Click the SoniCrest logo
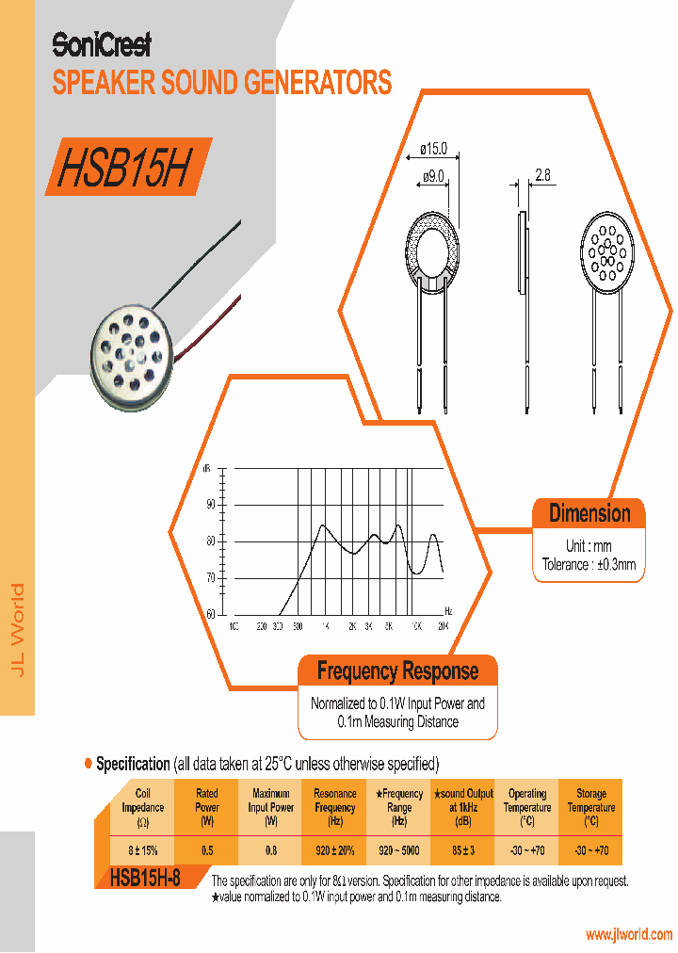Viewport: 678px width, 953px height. coord(101,44)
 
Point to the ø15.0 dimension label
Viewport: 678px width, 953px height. coord(432,148)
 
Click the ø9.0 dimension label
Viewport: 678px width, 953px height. coord(433,176)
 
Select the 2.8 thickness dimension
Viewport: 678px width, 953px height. coord(542,175)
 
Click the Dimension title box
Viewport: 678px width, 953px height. coord(589,514)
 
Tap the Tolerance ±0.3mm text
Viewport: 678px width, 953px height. coord(589,565)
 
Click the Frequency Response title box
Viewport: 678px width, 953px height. coord(397,671)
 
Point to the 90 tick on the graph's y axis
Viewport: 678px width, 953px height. coord(210,505)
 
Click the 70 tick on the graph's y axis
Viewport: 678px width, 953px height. coord(210,577)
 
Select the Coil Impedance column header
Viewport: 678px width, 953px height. coord(143,807)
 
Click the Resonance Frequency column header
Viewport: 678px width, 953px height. coord(335,807)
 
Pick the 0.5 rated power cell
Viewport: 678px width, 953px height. coord(207,850)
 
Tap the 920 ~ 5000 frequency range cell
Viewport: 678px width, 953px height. coord(399,850)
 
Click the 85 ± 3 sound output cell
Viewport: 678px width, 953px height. coord(463,850)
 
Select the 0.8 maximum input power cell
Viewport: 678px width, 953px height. coord(271,850)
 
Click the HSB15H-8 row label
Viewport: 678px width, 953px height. coord(145,878)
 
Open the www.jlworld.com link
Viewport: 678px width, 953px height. coord(629,935)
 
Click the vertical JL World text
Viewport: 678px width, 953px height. coord(18,629)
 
